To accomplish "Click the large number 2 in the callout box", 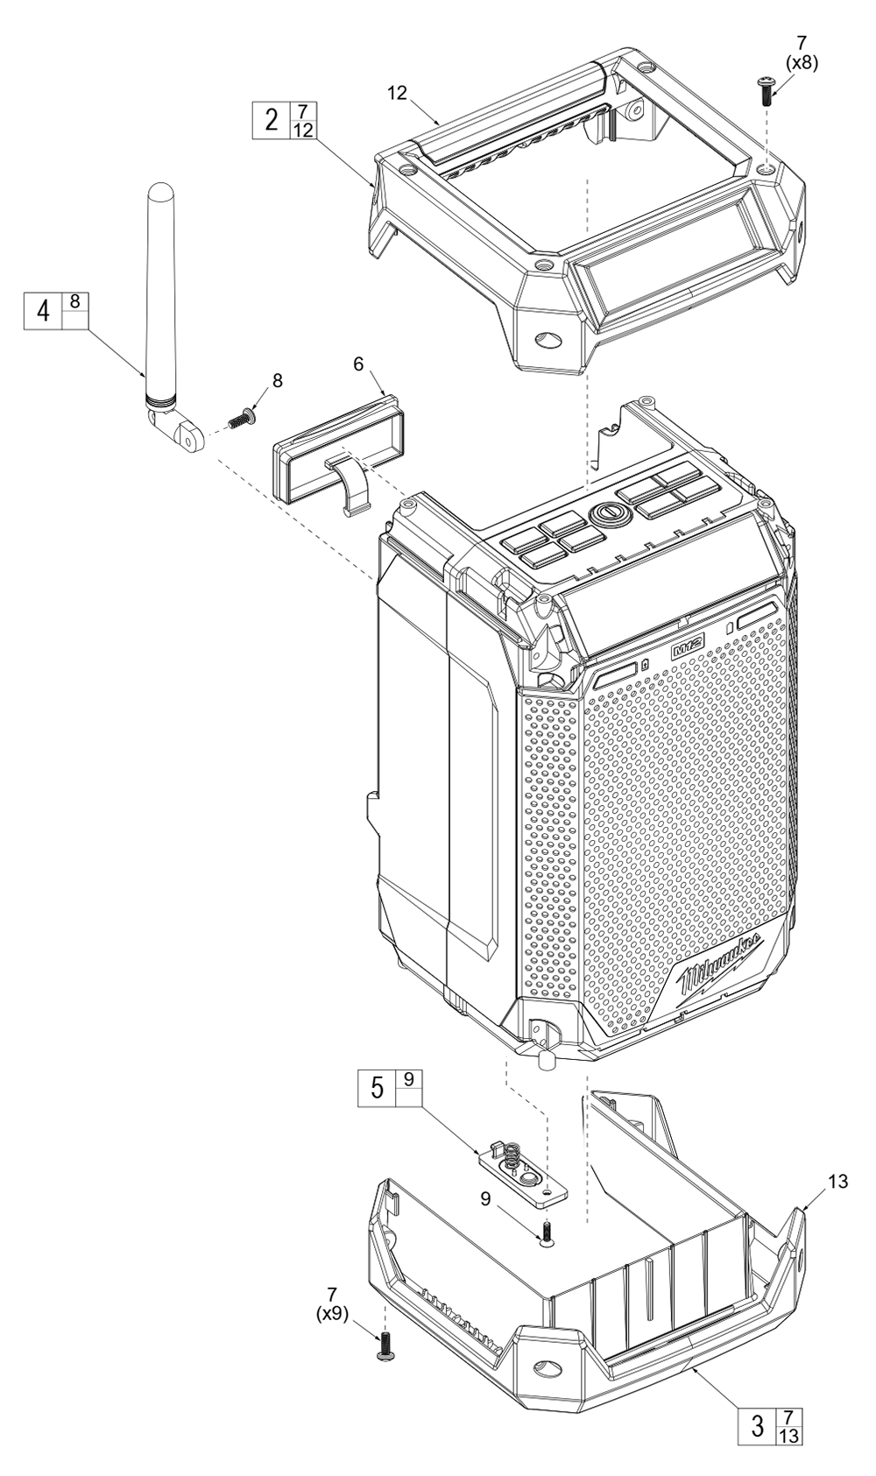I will [x=272, y=120].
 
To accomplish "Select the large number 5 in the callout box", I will [x=377, y=1087].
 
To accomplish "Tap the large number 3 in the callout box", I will [x=758, y=1426].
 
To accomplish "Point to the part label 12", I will [x=398, y=93].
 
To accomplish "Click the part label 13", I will [x=837, y=1182].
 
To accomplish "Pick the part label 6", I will [x=359, y=364].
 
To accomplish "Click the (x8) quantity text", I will [x=801, y=63].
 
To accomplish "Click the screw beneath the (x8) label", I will [x=765, y=90].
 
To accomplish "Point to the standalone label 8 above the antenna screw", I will [x=278, y=380].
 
